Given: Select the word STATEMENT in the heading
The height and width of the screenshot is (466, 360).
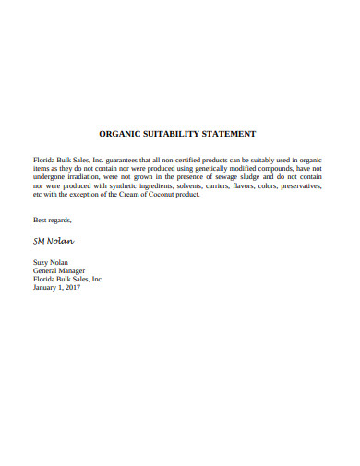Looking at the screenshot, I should tap(234, 134).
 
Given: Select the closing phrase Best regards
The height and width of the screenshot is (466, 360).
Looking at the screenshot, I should tap(52, 220).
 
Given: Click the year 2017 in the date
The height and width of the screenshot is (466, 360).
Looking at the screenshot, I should tap(72, 287).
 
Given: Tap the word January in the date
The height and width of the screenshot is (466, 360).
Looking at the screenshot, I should tap(46, 287).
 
